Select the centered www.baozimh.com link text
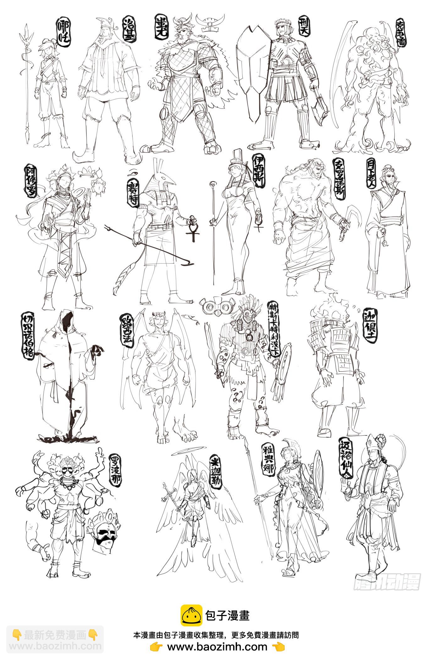click(x=217, y=647)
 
